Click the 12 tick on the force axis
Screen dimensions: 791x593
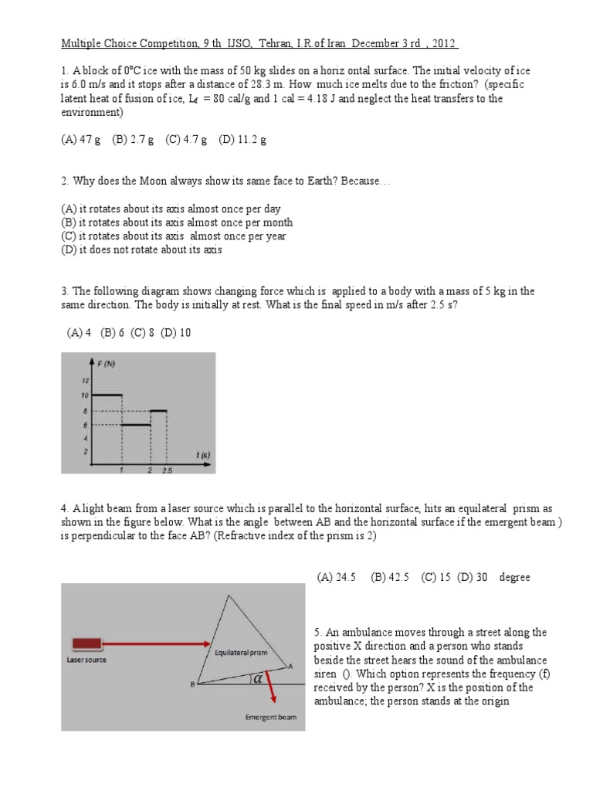86,381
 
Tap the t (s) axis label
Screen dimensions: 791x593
203,456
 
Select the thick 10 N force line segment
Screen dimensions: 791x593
107,395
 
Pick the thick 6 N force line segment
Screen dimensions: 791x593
136,425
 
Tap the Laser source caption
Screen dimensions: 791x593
86,660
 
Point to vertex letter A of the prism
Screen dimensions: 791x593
290,665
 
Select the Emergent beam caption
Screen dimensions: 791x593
270,718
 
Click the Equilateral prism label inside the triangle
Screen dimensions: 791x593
241,652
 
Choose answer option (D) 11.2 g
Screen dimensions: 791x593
242,140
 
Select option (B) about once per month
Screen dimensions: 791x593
177,222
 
